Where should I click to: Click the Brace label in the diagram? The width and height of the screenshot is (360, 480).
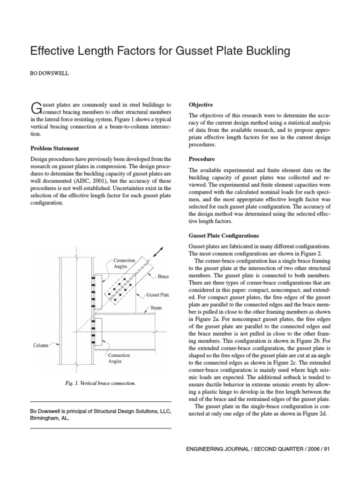coord(164,277)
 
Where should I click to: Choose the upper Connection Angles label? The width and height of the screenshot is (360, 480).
coord(124,263)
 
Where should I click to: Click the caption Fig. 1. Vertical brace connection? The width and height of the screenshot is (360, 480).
coord(100,383)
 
